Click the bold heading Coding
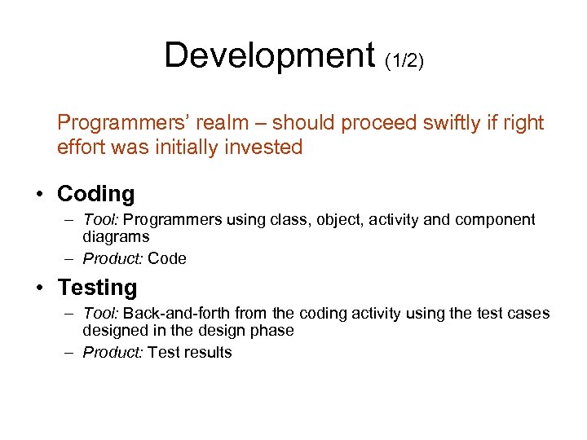(95, 194)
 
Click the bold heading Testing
(97, 288)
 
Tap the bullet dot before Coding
(39, 195)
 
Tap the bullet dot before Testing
(39, 288)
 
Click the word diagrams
(116, 237)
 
